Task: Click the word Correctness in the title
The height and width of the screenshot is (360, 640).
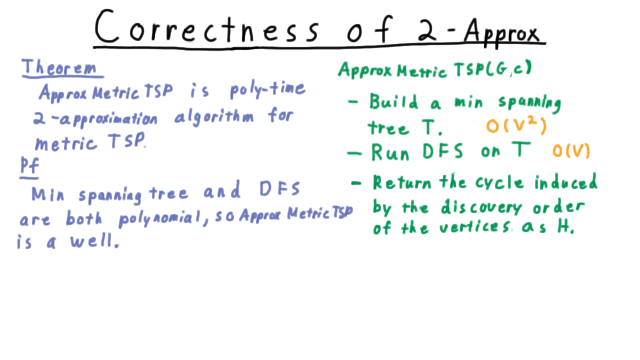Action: click(x=207, y=27)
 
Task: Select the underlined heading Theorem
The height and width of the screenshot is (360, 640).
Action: click(x=59, y=67)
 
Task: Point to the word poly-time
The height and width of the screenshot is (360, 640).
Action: click(x=267, y=90)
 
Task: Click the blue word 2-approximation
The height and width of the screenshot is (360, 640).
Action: click(x=95, y=118)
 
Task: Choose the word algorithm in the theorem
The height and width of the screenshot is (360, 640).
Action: click(x=214, y=116)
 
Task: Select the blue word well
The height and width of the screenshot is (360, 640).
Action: click(x=94, y=241)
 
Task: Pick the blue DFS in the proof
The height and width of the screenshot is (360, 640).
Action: click(x=279, y=189)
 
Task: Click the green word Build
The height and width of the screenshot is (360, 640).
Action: click(x=393, y=101)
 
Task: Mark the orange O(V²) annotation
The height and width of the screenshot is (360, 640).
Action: click(x=516, y=125)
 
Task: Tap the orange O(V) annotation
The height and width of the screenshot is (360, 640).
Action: click(x=571, y=150)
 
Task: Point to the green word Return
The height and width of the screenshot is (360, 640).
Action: click(x=402, y=182)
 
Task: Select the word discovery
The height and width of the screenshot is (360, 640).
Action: click(x=481, y=207)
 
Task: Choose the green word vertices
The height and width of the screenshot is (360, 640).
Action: click(x=475, y=227)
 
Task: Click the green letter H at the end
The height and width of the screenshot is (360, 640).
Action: click(x=565, y=227)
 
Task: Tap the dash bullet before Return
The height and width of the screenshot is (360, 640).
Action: click(x=356, y=183)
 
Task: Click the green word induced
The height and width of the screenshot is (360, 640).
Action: click(x=565, y=181)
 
